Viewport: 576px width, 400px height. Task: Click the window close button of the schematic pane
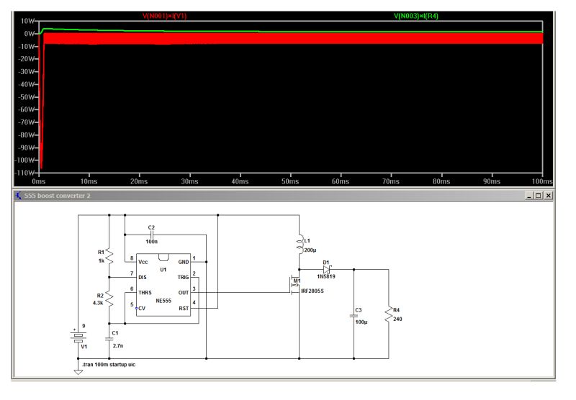pos(549,196)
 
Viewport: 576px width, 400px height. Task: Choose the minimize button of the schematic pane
pos(529,196)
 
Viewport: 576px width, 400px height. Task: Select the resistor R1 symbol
pos(109,257)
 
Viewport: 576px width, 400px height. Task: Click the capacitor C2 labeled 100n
pos(151,235)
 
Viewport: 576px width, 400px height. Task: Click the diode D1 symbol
pos(326,269)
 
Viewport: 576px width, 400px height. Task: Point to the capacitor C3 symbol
pos(354,314)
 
